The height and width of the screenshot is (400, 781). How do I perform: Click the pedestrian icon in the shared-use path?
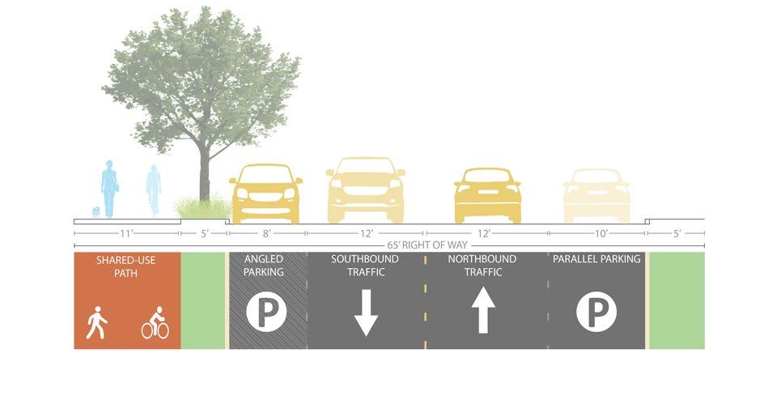[96, 321]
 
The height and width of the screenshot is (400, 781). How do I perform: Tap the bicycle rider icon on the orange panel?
[155, 322]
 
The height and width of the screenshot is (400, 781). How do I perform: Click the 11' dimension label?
[125, 233]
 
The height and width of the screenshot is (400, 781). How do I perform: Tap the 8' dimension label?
[267, 233]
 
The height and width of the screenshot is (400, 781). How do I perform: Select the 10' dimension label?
[596, 233]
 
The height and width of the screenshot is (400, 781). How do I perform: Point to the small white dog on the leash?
[96, 212]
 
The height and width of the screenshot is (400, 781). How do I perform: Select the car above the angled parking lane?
[266, 194]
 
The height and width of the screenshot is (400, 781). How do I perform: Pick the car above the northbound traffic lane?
[487, 195]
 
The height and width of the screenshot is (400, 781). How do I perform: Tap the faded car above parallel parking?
[596, 196]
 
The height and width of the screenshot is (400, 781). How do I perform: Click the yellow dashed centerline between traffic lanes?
[424, 301]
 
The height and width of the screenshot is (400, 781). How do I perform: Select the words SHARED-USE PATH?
[126, 266]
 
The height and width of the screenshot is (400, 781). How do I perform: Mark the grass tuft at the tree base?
[199, 209]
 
